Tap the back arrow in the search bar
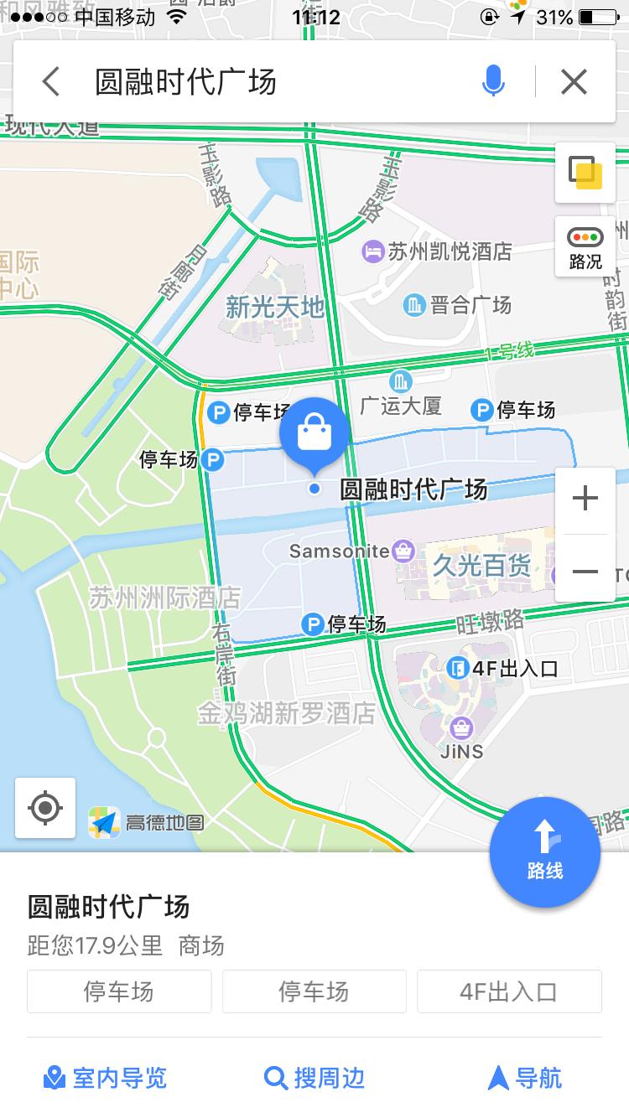(51, 82)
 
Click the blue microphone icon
(494, 81)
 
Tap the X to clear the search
(574, 81)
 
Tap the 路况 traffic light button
(585, 247)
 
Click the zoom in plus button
(585, 499)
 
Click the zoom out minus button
(585, 572)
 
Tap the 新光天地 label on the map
(275, 307)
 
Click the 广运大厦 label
(401, 406)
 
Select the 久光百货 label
(481, 567)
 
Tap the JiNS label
(462, 750)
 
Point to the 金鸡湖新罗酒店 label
(287, 713)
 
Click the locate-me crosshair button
(45, 808)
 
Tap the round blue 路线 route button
(545, 853)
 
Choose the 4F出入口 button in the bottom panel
(509, 991)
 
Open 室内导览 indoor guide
(106, 1078)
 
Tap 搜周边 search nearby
(314, 1078)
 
